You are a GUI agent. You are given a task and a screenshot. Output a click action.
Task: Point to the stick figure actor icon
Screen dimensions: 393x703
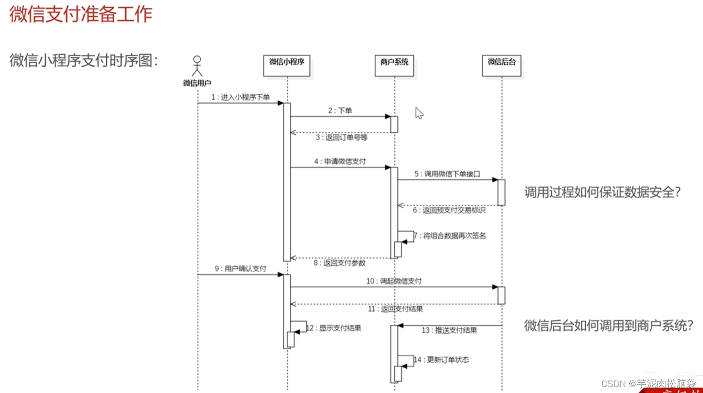pyautogui.click(x=197, y=66)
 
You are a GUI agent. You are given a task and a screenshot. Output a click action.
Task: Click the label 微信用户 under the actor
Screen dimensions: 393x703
pyautogui.click(x=197, y=83)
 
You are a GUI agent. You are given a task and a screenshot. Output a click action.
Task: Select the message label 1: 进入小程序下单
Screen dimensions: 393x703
pyautogui.click(x=241, y=97)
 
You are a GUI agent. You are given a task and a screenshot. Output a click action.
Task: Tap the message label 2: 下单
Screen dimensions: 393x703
pyautogui.click(x=340, y=111)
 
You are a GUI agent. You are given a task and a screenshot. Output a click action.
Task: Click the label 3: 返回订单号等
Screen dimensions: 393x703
pyautogui.click(x=342, y=138)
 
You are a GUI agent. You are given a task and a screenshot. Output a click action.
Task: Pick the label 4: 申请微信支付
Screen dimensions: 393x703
pyautogui.click(x=340, y=161)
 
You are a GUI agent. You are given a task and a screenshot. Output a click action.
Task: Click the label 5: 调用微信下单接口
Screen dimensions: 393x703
pyautogui.click(x=447, y=174)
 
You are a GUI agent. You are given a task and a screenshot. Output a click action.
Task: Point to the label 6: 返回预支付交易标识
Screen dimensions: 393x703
pyautogui.click(x=449, y=210)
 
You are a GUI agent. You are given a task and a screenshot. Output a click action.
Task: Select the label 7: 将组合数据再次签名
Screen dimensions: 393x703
pyautogui.click(x=450, y=236)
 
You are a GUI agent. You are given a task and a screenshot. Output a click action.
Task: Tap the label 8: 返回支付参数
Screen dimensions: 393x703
pyautogui.click(x=340, y=263)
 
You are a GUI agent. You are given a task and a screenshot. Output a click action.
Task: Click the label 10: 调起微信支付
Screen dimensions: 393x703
pyautogui.click(x=394, y=281)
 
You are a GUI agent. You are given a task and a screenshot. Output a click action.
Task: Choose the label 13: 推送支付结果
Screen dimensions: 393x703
pyautogui.click(x=449, y=330)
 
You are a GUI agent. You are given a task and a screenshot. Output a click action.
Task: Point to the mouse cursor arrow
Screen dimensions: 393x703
pyautogui.click(x=419, y=113)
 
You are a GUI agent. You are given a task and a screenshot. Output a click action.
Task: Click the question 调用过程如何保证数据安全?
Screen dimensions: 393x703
pyautogui.click(x=603, y=192)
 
